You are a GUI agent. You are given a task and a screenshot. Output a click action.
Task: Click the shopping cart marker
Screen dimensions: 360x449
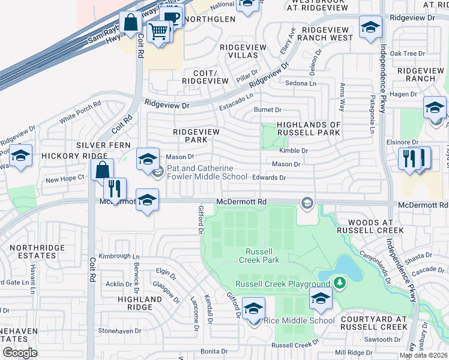pos(158,31)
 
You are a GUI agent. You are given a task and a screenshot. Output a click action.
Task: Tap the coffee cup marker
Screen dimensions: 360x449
pos(172,18)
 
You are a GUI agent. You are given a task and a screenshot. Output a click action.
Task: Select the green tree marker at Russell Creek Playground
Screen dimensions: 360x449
pos(340,282)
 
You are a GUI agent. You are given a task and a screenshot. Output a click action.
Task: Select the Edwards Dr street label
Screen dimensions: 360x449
pos(269,178)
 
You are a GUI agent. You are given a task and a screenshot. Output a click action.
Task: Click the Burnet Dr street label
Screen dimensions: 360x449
pos(268,110)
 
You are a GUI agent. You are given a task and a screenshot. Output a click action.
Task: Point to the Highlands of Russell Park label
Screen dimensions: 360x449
pos(309,128)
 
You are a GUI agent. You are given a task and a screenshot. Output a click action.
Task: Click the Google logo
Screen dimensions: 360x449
pos(20,353)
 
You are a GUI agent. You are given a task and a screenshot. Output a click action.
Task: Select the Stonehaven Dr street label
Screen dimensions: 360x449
pos(119,331)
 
